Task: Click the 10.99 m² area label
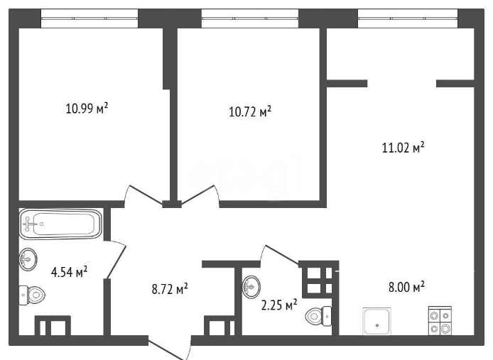point(87,109)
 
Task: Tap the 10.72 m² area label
point(250,112)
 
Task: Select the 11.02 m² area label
point(403,148)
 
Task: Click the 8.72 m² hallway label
point(170,289)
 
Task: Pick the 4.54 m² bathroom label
point(70,271)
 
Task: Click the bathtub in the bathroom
point(60,224)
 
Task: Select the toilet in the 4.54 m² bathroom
point(32,293)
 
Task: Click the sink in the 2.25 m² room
point(252,288)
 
